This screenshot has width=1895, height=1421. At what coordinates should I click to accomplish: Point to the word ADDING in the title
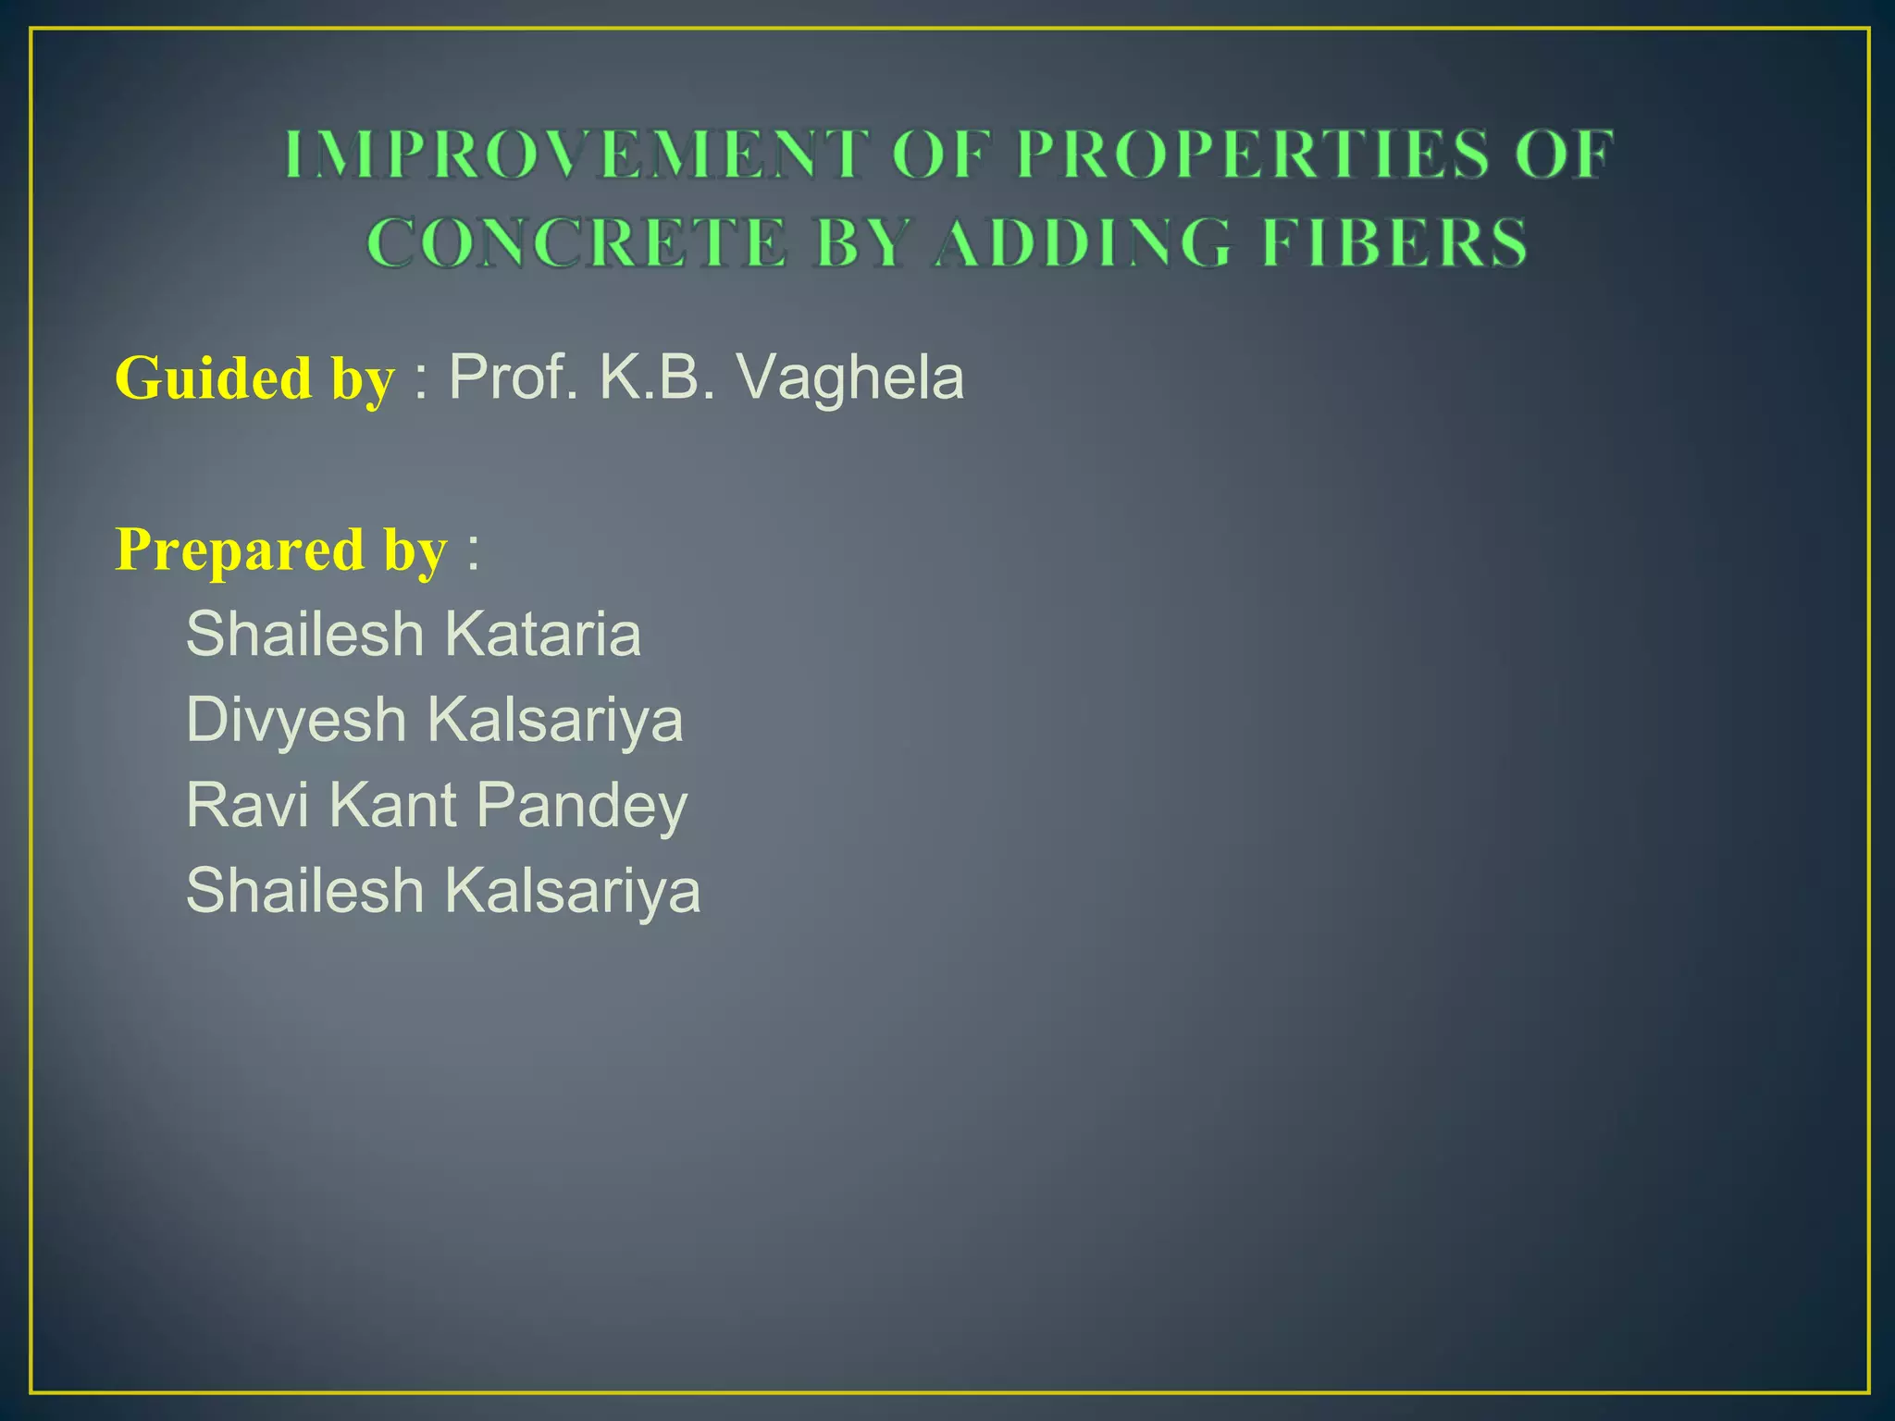tap(1083, 242)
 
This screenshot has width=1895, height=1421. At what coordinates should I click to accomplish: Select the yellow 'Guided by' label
tap(254, 378)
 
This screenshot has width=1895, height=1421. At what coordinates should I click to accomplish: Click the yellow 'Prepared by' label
tap(281, 550)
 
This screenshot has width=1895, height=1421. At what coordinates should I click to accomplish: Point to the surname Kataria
tap(543, 635)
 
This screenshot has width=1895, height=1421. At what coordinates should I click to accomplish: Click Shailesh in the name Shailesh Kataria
tap(304, 635)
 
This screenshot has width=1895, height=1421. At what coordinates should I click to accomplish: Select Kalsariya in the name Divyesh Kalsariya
tap(555, 720)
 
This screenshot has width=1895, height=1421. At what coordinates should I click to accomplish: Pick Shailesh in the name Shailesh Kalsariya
tap(304, 890)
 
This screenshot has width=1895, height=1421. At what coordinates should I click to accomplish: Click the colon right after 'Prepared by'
tap(473, 551)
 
